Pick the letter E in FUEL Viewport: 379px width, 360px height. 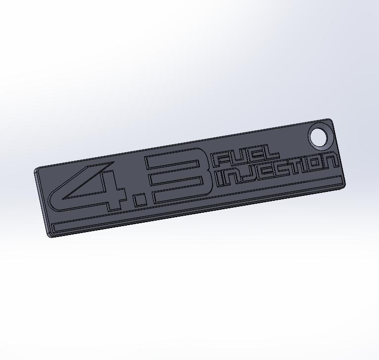tap(253, 155)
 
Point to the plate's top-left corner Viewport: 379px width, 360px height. tap(36, 170)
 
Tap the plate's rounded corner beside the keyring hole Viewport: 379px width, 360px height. tap(330, 120)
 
